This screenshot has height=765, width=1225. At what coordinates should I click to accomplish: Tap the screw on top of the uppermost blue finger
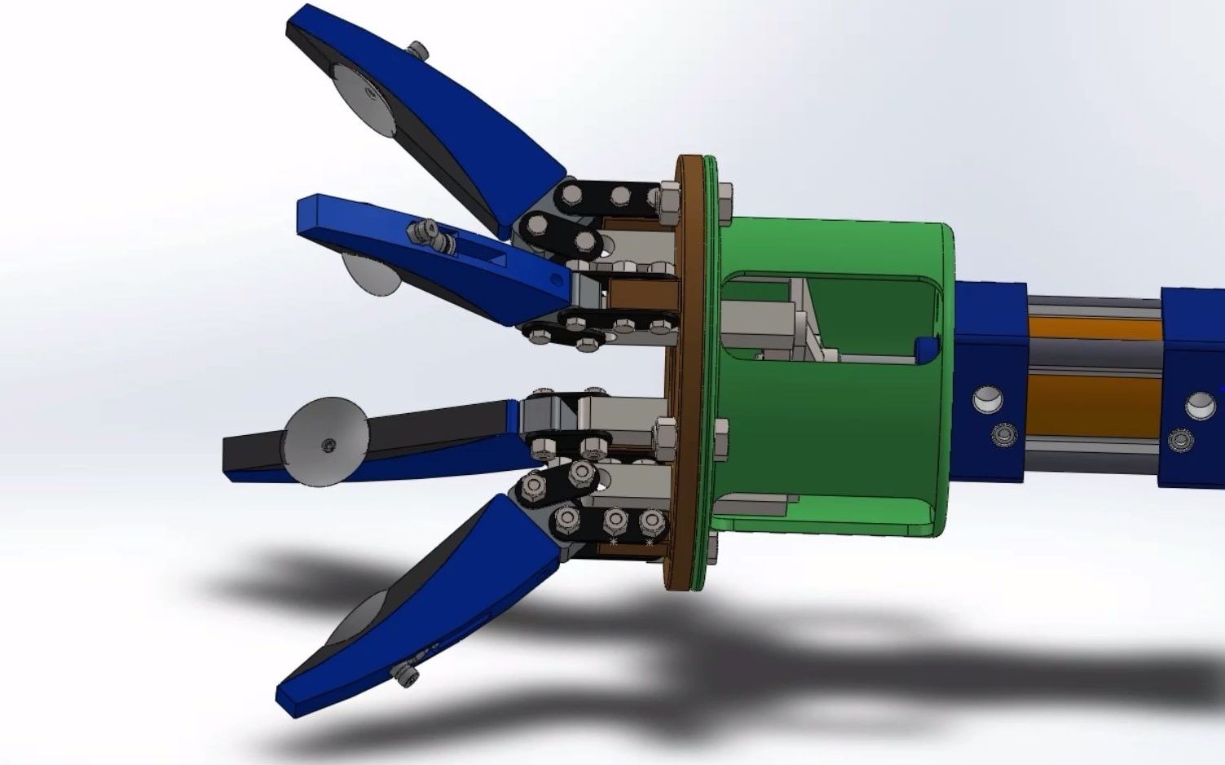(421, 51)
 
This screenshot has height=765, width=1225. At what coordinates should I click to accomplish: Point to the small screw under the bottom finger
(404, 675)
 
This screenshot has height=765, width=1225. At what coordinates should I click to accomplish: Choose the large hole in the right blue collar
(1201, 405)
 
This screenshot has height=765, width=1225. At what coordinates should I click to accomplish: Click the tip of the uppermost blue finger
(295, 24)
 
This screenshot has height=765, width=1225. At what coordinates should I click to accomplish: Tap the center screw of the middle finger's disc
(327, 445)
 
